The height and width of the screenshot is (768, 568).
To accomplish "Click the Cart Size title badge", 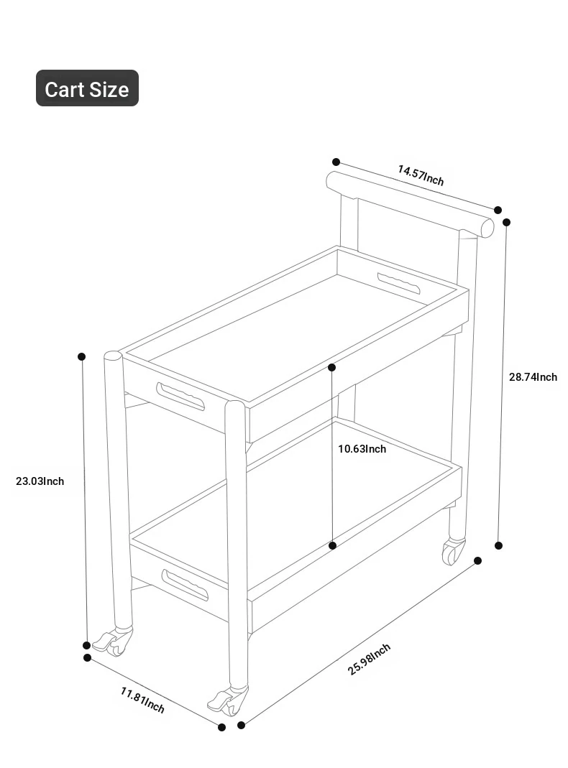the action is (x=87, y=88).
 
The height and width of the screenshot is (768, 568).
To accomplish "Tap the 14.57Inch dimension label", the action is (x=421, y=176).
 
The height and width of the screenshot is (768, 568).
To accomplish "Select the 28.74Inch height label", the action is (x=533, y=377).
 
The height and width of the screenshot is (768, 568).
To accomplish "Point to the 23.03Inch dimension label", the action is (x=40, y=481).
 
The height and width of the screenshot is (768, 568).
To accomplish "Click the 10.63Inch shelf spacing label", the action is (x=362, y=449).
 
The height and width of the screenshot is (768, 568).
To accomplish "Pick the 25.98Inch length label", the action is (x=369, y=660).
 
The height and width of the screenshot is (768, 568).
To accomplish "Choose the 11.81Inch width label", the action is (x=142, y=700).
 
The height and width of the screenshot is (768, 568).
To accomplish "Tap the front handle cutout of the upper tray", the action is (x=180, y=397).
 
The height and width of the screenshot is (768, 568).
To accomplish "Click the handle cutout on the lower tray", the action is (x=185, y=586).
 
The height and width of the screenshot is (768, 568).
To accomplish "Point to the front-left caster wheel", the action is (x=114, y=641).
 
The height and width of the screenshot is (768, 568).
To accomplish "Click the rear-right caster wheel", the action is (x=454, y=552).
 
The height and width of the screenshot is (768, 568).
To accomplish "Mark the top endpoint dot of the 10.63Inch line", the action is (x=331, y=367).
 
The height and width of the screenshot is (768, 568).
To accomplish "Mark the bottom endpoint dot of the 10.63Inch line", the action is (x=333, y=545).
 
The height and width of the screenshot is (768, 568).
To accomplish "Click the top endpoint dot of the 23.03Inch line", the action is (x=82, y=356).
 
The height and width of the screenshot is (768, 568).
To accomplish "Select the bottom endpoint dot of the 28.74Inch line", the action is (x=498, y=545).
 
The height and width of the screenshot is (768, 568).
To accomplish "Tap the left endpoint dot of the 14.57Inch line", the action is (x=336, y=162).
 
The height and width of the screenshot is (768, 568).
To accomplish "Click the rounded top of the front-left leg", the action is (x=113, y=356).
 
